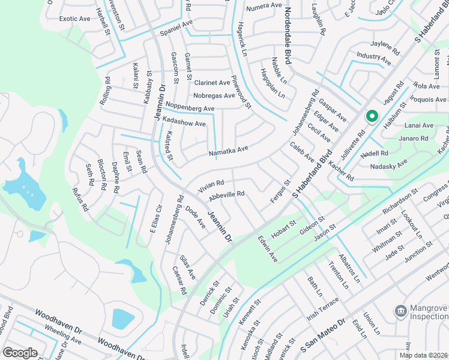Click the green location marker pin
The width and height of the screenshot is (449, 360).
[372, 116]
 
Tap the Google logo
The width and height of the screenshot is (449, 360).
[20, 353]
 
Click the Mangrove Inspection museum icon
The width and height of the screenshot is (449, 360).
[399, 311]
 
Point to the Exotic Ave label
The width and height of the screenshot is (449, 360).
[74, 19]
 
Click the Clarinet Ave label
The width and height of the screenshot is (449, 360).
[212, 83]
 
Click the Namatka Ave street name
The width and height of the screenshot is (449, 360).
[228, 151]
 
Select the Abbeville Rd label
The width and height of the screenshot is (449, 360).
[226, 194]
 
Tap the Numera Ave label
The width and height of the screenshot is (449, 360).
[264, 5]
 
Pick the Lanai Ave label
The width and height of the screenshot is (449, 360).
[420, 125]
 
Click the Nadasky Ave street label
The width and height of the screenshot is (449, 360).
[388, 164]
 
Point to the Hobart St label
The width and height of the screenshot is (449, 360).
[285, 227]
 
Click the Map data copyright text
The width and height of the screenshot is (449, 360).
[423, 355]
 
